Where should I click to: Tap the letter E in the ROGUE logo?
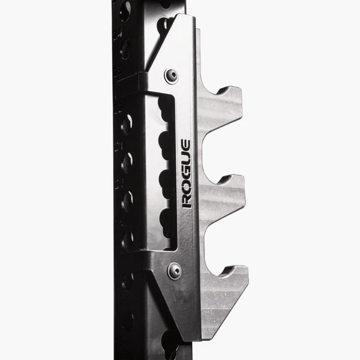coord(186,146)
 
